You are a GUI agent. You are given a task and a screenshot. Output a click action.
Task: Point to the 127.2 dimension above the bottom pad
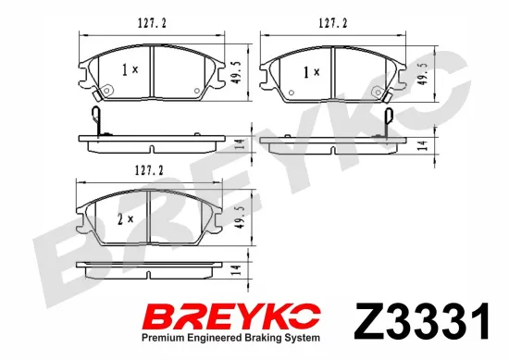(131, 169)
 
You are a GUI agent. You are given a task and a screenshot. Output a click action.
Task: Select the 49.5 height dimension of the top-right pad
(422, 74)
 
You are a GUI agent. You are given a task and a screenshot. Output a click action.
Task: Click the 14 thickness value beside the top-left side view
(239, 143)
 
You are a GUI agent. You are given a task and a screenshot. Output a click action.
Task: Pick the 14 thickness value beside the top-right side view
(422, 143)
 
